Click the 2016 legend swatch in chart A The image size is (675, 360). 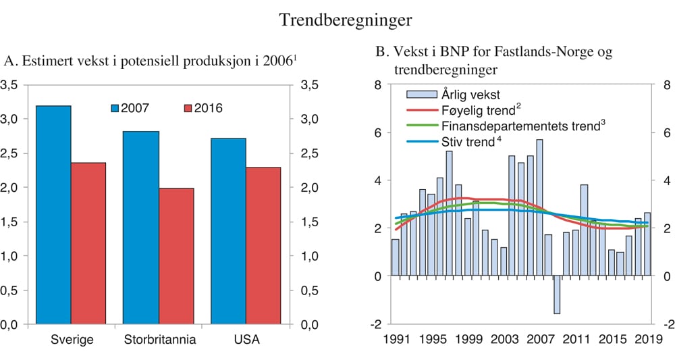[189, 107]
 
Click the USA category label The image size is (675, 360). [246, 339]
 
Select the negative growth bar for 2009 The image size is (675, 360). [557, 294]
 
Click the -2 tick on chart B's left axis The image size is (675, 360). [376, 324]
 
